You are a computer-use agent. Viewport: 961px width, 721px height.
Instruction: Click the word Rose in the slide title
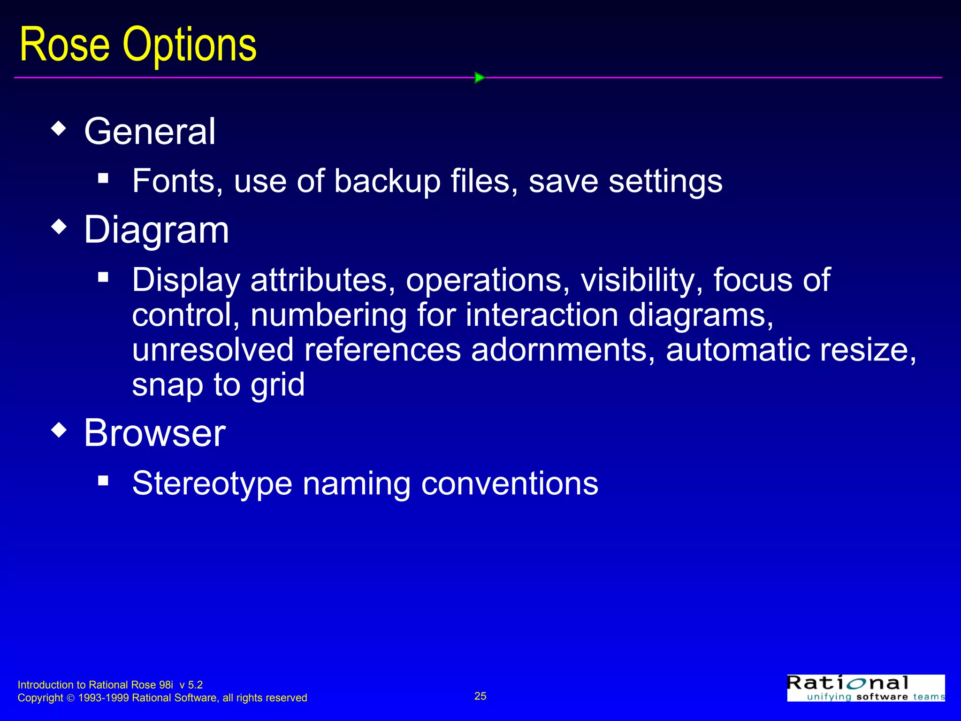coord(65,45)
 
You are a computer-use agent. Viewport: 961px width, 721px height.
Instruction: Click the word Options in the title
coord(190,46)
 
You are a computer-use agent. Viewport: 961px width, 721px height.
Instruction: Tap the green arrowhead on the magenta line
coord(479,77)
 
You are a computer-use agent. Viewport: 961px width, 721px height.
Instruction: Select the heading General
coord(150,131)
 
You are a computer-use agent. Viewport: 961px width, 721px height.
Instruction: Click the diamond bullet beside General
coord(59,128)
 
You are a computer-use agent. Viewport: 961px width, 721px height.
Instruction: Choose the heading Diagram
coord(156,230)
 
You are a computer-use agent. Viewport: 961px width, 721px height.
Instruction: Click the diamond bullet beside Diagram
coord(59,227)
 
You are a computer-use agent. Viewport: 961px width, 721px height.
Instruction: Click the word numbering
coord(328,315)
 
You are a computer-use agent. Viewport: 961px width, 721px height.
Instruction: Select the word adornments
coord(563,350)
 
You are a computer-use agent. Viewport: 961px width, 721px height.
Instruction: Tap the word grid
coord(277,385)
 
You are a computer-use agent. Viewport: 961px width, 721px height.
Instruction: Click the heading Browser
coord(155,433)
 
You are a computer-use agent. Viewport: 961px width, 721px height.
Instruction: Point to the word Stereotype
coord(212,483)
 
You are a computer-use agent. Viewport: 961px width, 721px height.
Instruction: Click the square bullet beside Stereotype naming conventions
coord(103,480)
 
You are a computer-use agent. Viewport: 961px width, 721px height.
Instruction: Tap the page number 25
coord(480,696)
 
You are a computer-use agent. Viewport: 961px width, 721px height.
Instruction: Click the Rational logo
coord(866,688)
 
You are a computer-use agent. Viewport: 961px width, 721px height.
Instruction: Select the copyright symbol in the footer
coord(70,698)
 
